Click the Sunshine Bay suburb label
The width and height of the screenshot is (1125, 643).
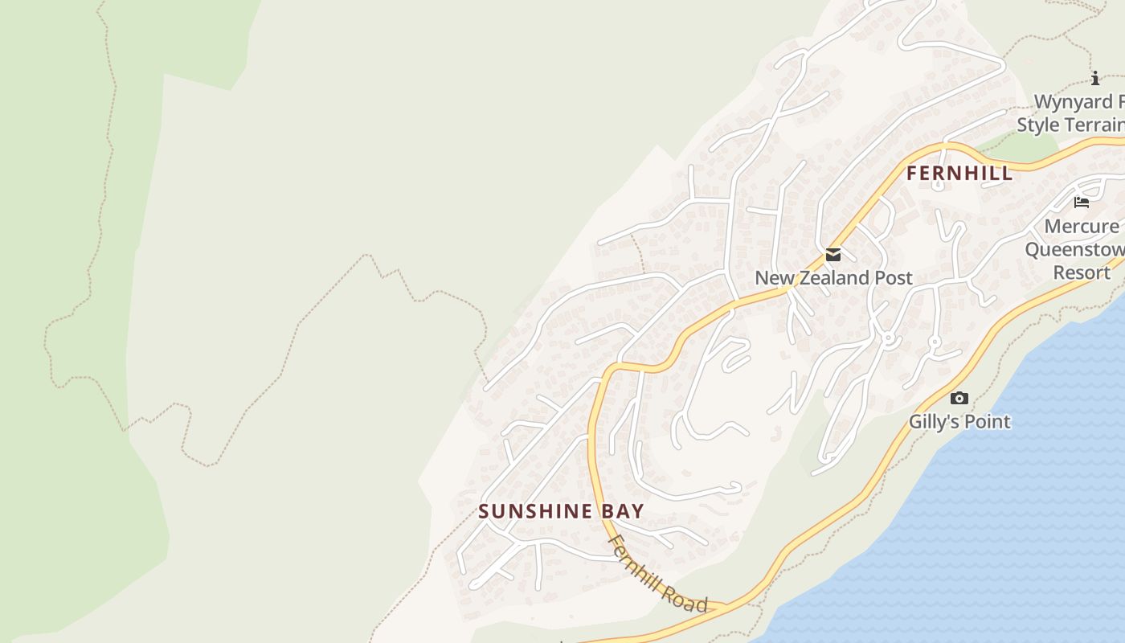(561, 511)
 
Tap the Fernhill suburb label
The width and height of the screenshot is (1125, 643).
(959, 174)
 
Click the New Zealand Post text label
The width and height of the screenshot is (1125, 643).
(833, 278)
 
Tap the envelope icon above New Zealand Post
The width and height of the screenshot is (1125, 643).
(833, 255)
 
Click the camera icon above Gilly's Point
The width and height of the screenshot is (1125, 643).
(959, 398)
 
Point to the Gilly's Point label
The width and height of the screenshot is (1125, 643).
(959, 421)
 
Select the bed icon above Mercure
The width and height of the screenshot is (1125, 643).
(1082, 203)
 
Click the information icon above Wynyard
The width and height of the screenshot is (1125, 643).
(1094, 78)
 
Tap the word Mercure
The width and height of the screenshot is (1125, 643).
(1082, 227)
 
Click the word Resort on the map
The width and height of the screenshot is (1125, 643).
(1082, 272)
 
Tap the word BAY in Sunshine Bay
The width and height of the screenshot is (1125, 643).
(622, 511)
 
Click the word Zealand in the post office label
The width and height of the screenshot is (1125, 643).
(833, 278)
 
